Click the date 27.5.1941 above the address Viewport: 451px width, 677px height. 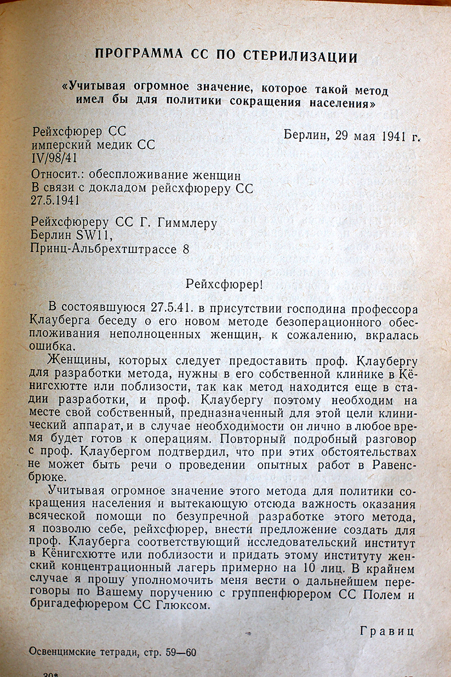[x=55, y=200]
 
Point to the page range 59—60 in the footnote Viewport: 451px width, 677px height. [x=176, y=653]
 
